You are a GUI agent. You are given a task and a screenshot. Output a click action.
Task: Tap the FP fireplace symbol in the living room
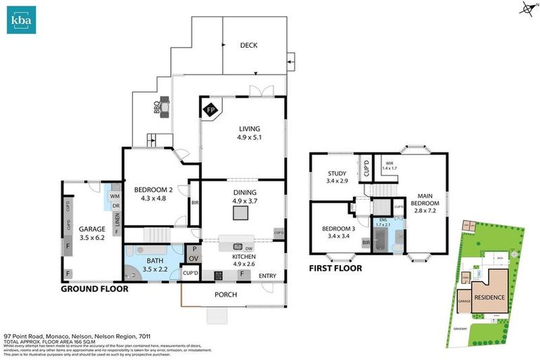pos(211,110)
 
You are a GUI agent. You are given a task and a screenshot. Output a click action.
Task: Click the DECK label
pos(248,45)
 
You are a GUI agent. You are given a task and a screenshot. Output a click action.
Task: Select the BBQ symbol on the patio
pos(162,107)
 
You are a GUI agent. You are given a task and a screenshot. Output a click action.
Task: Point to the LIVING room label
pos(250,129)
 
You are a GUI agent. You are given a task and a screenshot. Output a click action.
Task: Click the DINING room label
pos(244,192)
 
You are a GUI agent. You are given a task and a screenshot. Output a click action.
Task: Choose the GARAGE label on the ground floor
pos(91,229)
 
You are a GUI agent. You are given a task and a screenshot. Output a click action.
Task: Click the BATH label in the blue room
pos(155,260)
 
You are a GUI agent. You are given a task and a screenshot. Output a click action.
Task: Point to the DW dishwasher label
pos(249,248)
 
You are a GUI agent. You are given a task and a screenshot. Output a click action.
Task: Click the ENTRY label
pos(267,275)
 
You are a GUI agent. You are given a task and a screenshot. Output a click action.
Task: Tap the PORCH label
pos(226,295)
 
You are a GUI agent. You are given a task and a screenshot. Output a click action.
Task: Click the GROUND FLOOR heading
pos(94,289)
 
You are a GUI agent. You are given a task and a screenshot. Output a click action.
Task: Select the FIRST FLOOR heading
pos(335,268)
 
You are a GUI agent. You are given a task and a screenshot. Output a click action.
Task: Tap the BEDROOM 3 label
pos(338,229)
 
